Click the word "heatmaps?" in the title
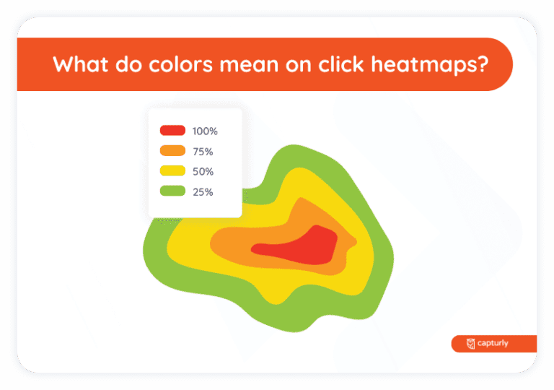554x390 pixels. coord(441,64)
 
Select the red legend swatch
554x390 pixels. coord(172,131)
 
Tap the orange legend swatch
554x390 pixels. coord(172,151)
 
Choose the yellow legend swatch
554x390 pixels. coord(172,171)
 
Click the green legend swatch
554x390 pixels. coord(172,191)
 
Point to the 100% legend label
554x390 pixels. coord(205,131)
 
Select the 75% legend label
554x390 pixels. coord(203,152)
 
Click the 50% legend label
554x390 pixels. coord(203,172)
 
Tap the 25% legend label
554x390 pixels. coord(203,192)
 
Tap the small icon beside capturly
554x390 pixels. coord(470,344)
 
